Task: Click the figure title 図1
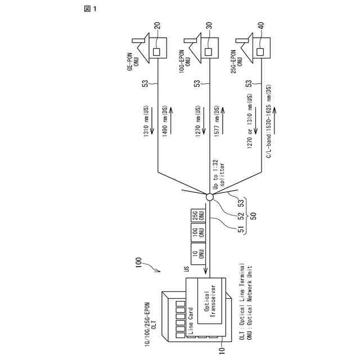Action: [x=91, y=10]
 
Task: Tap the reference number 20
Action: [x=156, y=26]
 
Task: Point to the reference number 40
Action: [x=261, y=26]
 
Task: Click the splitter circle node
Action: [x=209, y=197]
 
